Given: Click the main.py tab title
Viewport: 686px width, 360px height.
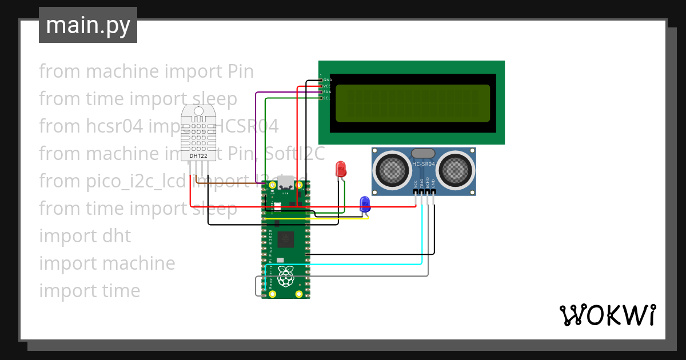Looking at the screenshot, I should pyautogui.click(x=87, y=25).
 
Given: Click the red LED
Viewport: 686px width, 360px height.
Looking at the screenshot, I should pyautogui.click(x=340, y=169).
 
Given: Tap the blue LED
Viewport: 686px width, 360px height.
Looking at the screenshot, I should pyautogui.click(x=364, y=203).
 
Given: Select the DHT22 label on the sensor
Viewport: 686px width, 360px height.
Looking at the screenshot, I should pyautogui.click(x=198, y=155).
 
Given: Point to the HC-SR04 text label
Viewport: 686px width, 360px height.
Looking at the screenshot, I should pyautogui.click(x=424, y=165).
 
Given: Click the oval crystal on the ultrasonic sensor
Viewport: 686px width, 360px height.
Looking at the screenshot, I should pyautogui.click(x=423, y=153).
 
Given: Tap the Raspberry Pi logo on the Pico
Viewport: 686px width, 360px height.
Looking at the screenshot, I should pyautogui.click(x=285, y=276).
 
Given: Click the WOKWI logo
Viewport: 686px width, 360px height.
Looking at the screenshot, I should pyautogui.click(x=607, y=315).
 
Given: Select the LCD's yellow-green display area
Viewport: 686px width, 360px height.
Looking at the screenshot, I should pyautogui.click(x=412, y=103).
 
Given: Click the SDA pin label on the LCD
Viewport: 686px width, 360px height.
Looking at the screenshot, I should pyautogui.click(x=327, y=92).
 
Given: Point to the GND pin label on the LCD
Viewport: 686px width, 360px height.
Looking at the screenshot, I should pyautogui.click(x=328, y=79).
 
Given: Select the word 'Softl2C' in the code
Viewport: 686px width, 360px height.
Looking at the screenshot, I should pyautogui.click(x=297, y=153).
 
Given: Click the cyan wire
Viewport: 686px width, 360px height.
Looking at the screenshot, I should pyautogui.click(x=422, y=240).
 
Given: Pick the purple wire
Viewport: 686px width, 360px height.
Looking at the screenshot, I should pyautogui.click(x=256, y=131).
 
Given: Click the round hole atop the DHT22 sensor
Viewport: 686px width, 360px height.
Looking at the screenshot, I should pyautogui.click(x=198, y=111).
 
